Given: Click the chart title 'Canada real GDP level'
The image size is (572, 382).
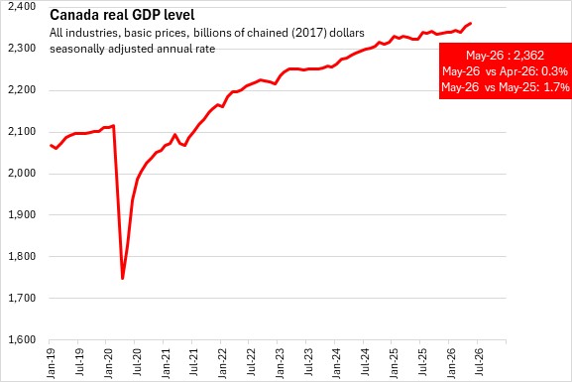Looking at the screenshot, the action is click(122, 15).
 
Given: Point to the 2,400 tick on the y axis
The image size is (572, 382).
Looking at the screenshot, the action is click(22, 6).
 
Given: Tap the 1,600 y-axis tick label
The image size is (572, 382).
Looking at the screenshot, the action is click(22, 339).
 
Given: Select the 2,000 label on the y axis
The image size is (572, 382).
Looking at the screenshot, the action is click(22, 173).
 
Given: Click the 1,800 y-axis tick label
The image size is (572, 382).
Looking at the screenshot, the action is click(22, 256).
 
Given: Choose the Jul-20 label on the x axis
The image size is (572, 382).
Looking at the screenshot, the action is click(137, 361).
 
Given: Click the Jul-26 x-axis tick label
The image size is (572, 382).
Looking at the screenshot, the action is click(479, 361).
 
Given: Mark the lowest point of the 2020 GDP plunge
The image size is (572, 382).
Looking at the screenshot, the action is click(123, 279).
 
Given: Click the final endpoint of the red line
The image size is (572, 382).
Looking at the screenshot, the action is click(470, 24).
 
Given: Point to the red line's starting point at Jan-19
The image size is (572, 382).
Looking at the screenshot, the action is click(51, 145).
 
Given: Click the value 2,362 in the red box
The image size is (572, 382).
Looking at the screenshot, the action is click(528, 56).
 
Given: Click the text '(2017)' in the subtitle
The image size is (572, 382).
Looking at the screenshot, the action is click(308, 33).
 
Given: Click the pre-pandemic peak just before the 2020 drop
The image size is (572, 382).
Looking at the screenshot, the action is click(113, 126).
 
